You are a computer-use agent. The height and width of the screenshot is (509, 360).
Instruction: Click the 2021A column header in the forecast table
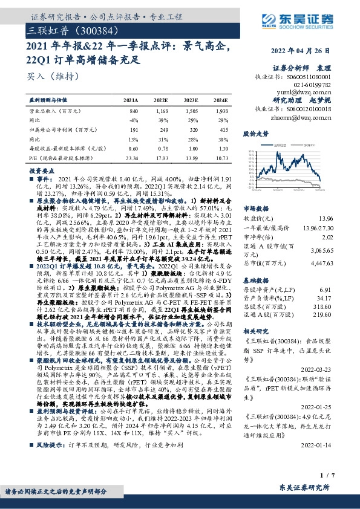click(x=130, y=100)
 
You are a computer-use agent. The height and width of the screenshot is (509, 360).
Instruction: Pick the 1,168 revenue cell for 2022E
click(x=161, y=111)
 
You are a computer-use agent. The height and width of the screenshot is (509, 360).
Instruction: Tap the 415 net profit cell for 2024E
click(x=223, y=129)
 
